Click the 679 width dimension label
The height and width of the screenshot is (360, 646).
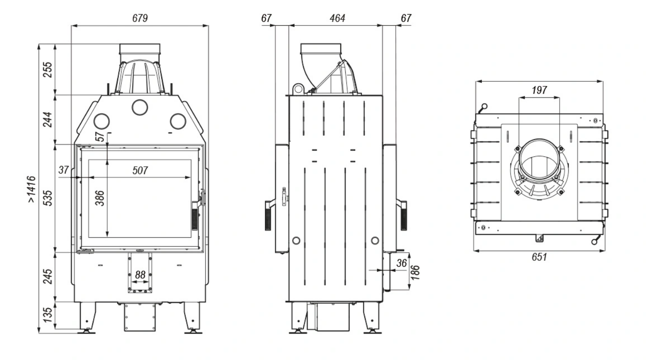tap(140, 18)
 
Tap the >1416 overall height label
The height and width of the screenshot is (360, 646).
tap(31, 189)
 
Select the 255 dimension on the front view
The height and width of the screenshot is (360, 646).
tap(48, 70)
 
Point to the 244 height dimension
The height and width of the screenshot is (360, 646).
tap(48, 120)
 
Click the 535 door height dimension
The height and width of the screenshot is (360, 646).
tap(48, 198)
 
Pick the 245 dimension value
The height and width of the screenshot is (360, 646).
tap(48, 276)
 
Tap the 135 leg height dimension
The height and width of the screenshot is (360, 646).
tap(48, 315)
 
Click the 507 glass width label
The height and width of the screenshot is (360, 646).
tap(140, 170)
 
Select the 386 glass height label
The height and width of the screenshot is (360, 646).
tap(99, 198)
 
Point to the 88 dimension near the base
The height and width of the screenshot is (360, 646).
tap(140, 275)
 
